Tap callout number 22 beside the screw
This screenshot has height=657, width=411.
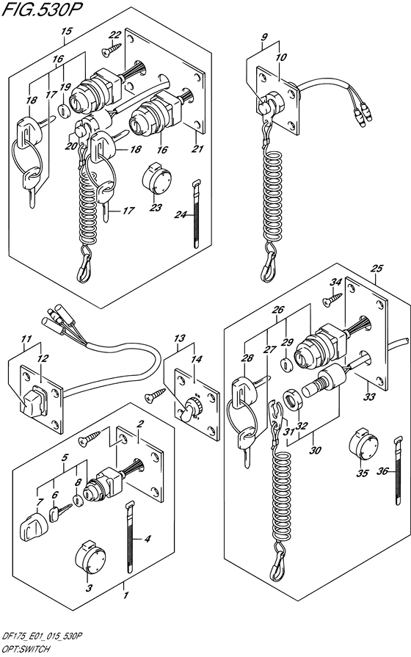[115, 35]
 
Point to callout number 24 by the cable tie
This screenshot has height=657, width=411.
[181, 214]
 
